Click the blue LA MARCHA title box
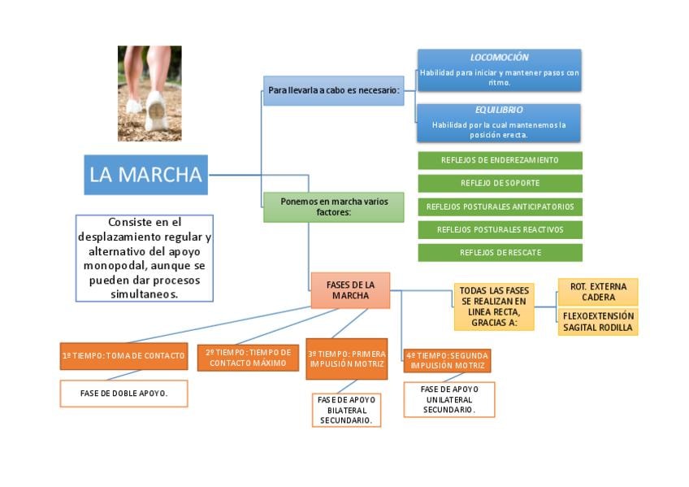(x=145, y=175)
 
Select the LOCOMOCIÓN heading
(x=499, y=58)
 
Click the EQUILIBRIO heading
(x=499, y=110)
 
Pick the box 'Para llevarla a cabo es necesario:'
(x=333, y=91)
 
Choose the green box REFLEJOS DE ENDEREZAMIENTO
(x=500, y=160)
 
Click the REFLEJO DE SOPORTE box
(x=500, y=183)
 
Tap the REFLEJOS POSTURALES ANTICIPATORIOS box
(x=500, y=207)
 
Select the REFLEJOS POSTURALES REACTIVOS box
(x=500, y=229)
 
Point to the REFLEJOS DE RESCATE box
(x=500, y=253)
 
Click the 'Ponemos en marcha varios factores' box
(x=333, y=207)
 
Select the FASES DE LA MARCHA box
(x=350, y=290)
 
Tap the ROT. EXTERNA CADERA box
(x=597, y=292)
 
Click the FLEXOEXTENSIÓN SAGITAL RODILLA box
(x=597, y=322)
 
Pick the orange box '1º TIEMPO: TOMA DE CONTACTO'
(x=123, y=356)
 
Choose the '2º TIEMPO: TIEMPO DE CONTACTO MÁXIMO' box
(x=248, y=358)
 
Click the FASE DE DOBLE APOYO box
(x=123, y=394)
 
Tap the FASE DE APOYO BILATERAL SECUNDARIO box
(x=346, y=411)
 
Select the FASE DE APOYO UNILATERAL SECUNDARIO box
(x=448, y=400)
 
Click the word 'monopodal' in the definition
(x=118, y=265)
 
